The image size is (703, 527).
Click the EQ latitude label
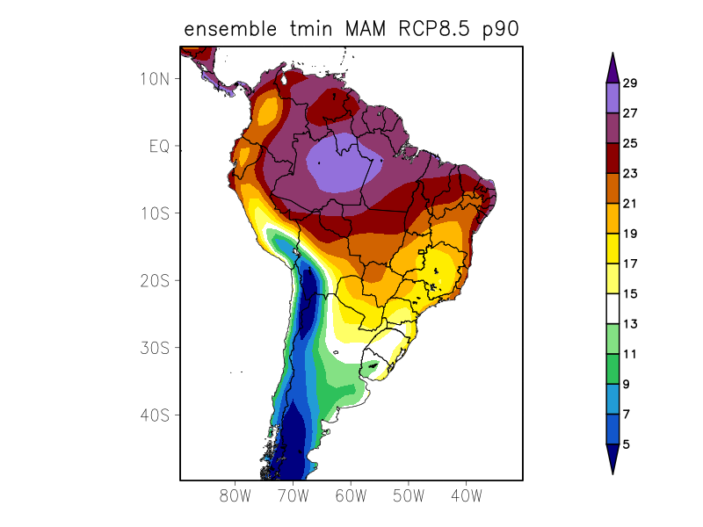point(158,146)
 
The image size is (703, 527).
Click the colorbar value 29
point(629,83)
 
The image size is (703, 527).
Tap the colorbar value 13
point(629,324)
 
